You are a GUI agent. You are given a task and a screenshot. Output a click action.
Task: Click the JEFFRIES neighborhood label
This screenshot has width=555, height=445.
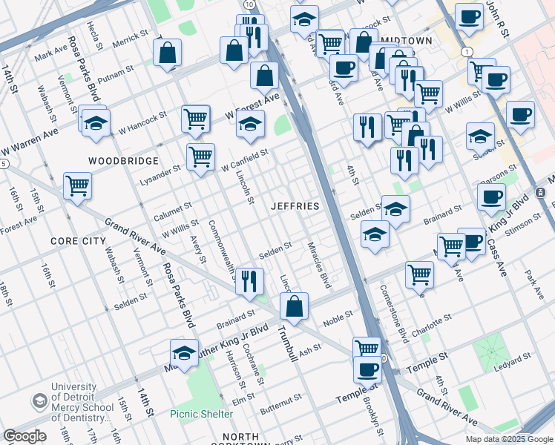[295, 205]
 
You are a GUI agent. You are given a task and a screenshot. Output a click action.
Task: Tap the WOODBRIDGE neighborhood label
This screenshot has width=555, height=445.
[123, 160]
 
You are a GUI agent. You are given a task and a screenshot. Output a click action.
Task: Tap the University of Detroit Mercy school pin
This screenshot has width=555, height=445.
[39, 401]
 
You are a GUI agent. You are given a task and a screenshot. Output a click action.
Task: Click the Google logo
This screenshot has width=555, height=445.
[24, 436]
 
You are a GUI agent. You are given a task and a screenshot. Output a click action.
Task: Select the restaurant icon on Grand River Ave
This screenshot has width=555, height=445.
[250, 281]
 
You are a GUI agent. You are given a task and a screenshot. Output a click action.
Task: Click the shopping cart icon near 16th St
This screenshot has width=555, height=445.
[77, 185]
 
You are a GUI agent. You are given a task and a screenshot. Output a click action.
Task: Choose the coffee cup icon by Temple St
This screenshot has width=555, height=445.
[367, 368]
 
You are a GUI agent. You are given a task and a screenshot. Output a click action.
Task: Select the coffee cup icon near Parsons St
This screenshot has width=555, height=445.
[491, 197]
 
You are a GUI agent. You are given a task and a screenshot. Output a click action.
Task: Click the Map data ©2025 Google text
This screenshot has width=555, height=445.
[508, 438]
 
